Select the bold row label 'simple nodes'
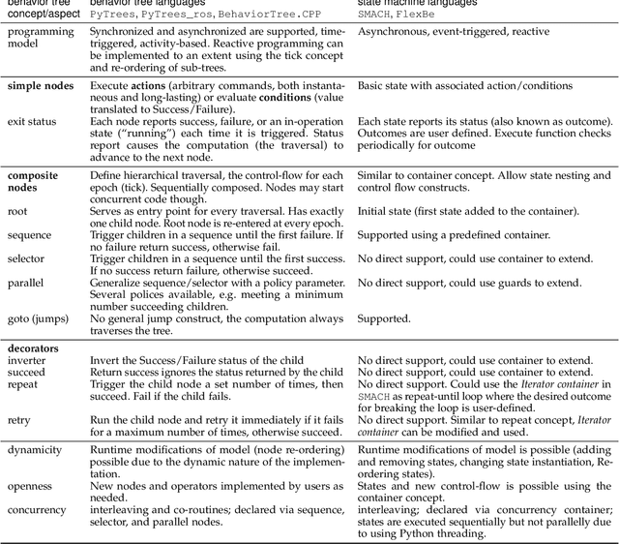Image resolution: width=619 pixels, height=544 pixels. pyautogui.click(x=41, y=86)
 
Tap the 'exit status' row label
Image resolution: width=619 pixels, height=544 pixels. pyautogui.click(x=32, y=122)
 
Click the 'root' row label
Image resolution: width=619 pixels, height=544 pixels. pyautogui.click(x=17, y=210)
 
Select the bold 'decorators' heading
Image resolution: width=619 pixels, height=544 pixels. pyautogui.click(x=33, y=348)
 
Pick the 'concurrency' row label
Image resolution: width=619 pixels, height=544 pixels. pyautogui.click(x=37, y=509)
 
